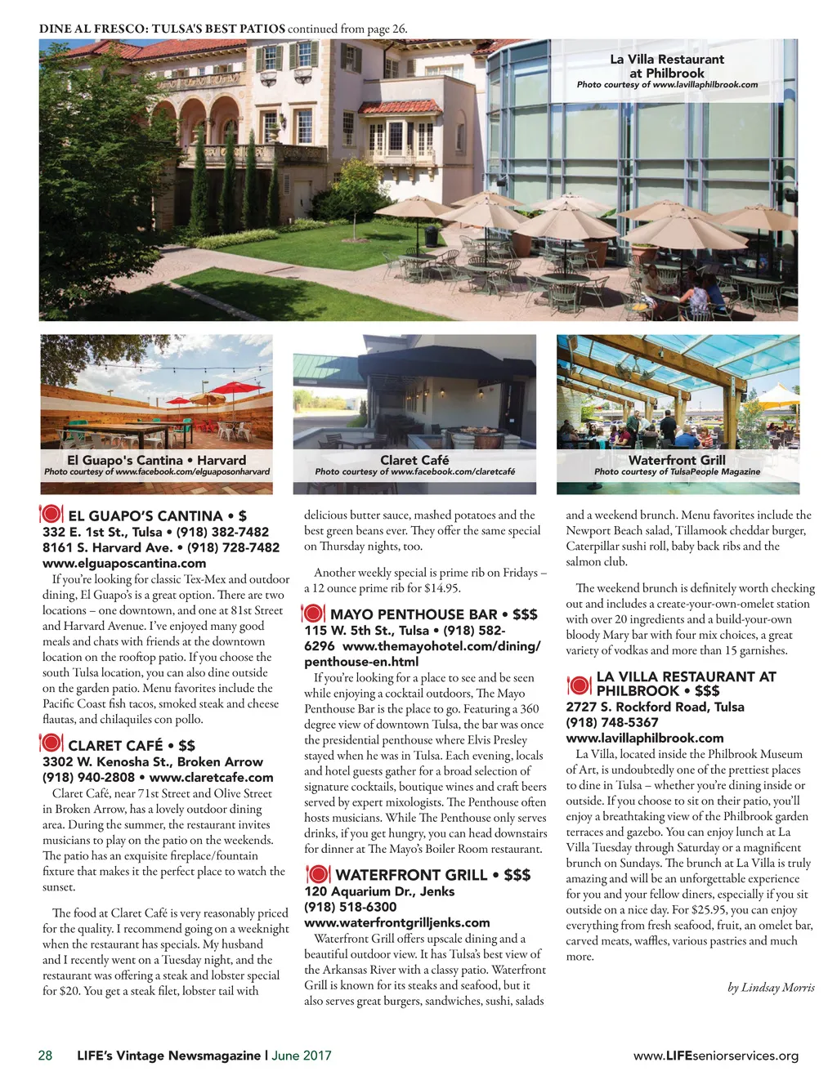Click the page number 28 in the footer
(x=45, y=1056)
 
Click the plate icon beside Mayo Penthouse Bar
(x=314, y=614)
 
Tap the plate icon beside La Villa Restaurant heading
(x=579, y=684)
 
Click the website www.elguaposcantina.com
(x=124, y=563)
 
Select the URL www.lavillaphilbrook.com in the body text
(x=645, y=738)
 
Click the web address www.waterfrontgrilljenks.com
(x=397, y=922)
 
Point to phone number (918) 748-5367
(x=612, y=722)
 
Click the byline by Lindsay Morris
(x=771, y=987)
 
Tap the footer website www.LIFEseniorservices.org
(x=716, y=1056)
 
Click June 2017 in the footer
(x=302, y=1056)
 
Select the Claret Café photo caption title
(x=414, y=460)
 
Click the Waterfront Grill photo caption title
(x=677, y=460)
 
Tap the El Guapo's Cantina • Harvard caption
(x=156, y=460)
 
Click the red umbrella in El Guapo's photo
(x=233, y=389)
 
